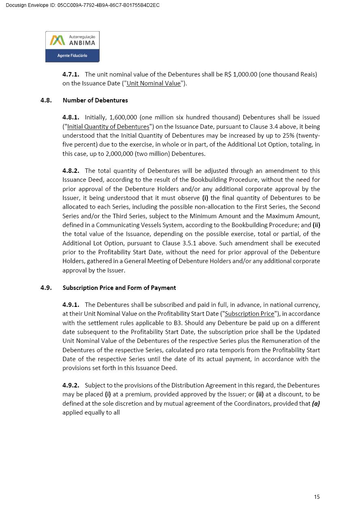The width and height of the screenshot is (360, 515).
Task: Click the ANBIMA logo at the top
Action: (72, 47)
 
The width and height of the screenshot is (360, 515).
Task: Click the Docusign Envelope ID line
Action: (83, 5)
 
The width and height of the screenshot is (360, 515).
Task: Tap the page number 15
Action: (317, 497)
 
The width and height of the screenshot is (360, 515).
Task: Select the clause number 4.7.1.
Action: (71, 74)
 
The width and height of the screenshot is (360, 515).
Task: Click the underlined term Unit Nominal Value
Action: (153, 83)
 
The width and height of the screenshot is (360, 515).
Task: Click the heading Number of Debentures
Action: (95, 100)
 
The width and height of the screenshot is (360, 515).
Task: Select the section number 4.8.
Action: (46, 100)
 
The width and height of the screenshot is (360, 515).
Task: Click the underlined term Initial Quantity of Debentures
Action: (108, 127)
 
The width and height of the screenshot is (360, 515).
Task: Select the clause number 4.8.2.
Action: (71, 171)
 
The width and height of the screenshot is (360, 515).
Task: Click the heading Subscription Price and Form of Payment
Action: (119, 288)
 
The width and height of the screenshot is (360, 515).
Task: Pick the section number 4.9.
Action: (46, 288)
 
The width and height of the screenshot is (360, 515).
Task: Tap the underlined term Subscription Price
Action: (249, 314)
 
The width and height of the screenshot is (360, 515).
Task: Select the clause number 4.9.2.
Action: (71, 385)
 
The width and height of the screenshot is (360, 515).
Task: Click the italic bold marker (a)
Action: (315, 404)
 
